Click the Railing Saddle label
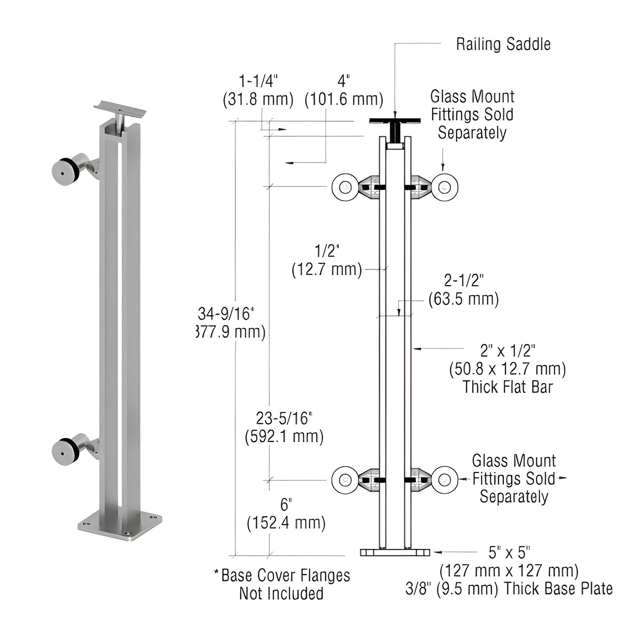click(x=503, y=44)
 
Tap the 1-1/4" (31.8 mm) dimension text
click(x=258, y=90)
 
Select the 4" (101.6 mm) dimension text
click(x=344, y=90)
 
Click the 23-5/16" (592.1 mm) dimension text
click(x=284, y=427)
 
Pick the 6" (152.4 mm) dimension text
click(x=286, y=514)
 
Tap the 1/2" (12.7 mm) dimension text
click(x=327, y=260)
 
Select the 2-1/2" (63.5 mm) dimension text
click(x=463, y=290)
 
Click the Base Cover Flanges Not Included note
click(x=282, y=584)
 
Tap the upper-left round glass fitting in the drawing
click(x=345, y=187)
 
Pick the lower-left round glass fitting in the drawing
click(x=345, y=480)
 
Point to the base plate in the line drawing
click(x=395, y=552)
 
